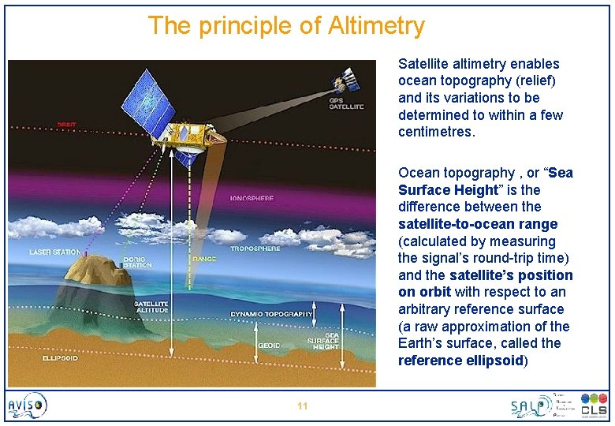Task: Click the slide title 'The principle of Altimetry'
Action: (x=286, y=26)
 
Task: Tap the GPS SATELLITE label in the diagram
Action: (x=346, y=103)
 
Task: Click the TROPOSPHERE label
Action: (x=255, y=248)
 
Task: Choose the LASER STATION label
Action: (x=54, y=252)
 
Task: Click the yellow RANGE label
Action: (x=203, y=257)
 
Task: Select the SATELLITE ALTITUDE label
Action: (x=150, y=307)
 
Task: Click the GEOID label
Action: (x=268, y=345)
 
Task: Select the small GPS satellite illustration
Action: (x=346, y=80)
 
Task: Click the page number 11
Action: (x=302, y=405)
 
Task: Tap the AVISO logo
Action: (x=28, y=405)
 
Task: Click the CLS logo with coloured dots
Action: (x=594, y=405)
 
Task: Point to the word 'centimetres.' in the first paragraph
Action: (x=437, y=132)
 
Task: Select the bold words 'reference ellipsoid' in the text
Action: (x=460, y=361)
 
